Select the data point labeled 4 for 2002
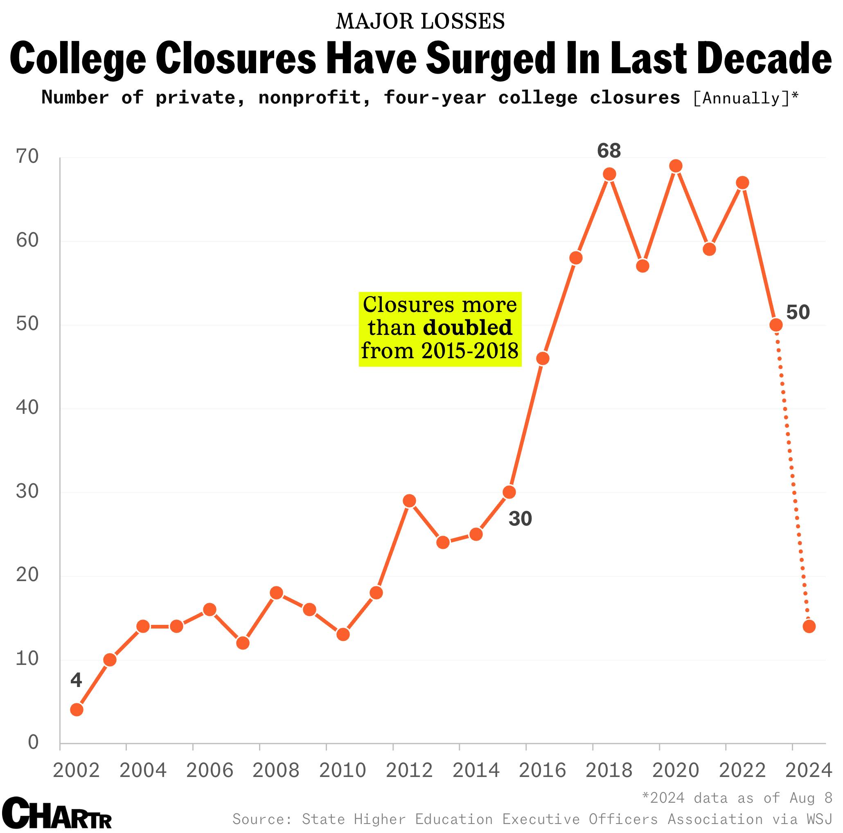[77, 710]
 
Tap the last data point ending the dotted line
[809, 626]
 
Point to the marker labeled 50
[776, 325]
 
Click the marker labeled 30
[509, 492]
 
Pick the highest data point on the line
[676, 166]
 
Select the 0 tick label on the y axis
[33, 742]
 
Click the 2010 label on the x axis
[343, 770]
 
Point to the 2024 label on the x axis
[809, 770]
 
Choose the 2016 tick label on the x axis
[542, 770]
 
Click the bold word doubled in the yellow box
[468, 328]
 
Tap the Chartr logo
[57, 813]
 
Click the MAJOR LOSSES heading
[420, 21]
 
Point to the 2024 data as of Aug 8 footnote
[737, 798]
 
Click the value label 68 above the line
[609, 151]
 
